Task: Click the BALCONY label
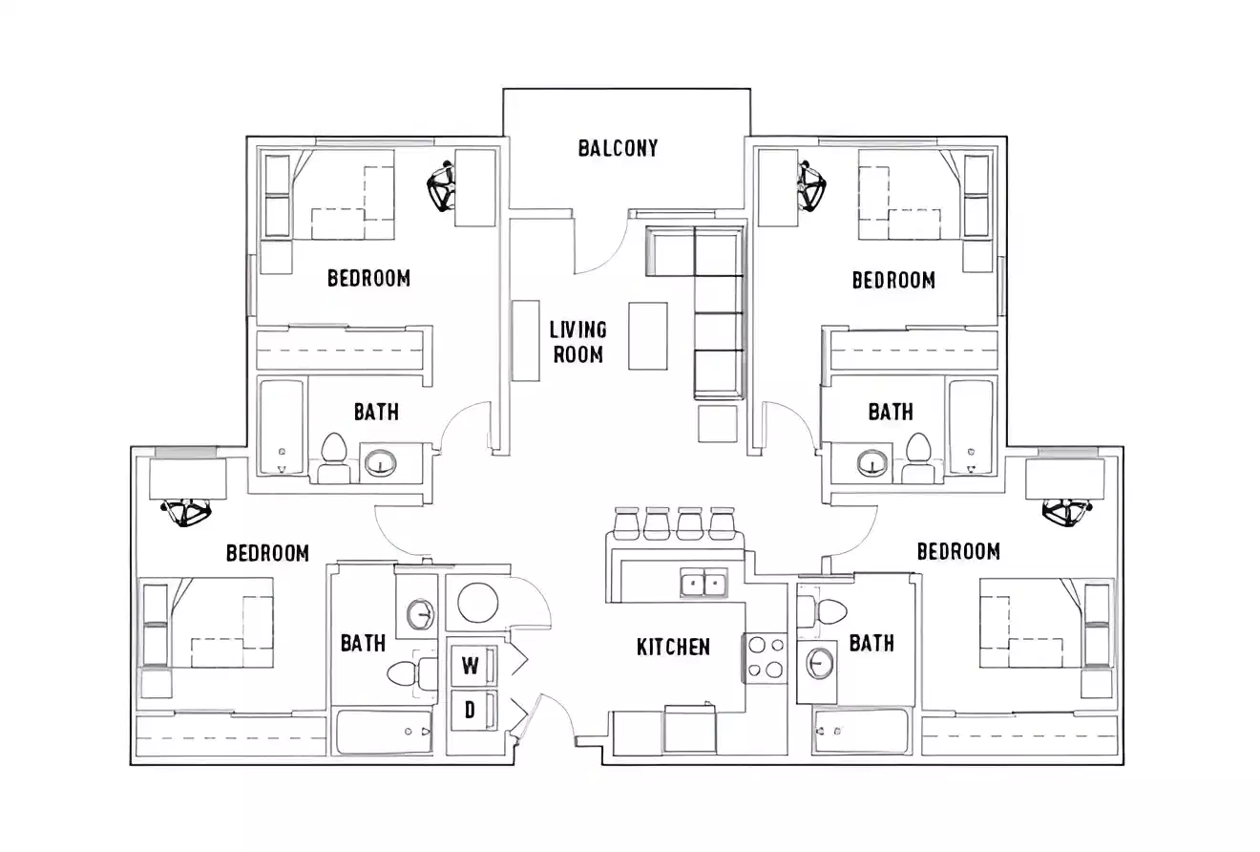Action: tap(618, 148)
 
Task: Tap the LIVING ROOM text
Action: tap(577, 342)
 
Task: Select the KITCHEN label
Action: tap(673, 648)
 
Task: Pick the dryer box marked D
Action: tap(471, 711)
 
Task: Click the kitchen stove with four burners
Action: tap(765, 658)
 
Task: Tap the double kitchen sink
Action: tap(703, 582)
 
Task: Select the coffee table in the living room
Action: tap(648, 335)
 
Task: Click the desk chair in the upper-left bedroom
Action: tap(441, 187)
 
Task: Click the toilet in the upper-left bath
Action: tap(333, 456)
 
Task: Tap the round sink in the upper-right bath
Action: tap(871, 464)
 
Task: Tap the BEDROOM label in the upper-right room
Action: tap(892, 280)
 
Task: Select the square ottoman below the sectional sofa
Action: tap(717, 423)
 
